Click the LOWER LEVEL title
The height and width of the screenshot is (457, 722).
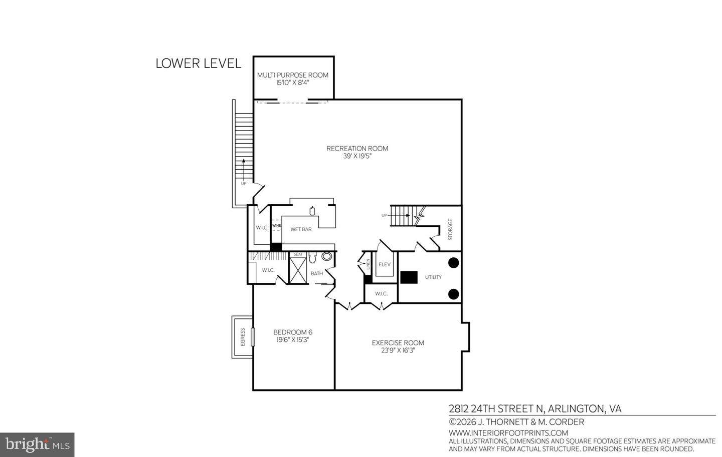coord(198,64)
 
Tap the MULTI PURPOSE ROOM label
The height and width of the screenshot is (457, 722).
coord(293,75)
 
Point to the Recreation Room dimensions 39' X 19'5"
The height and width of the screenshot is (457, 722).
coord(357,156)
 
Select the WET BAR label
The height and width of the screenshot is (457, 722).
coord(301,229)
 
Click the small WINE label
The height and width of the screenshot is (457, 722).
coord(276,226)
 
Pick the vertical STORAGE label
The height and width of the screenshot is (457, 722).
coord(450,229)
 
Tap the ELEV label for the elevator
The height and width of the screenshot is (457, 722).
coord(385,264)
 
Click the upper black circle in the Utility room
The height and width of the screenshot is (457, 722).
coord(453,263)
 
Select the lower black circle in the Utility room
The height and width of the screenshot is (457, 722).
coord(453,294)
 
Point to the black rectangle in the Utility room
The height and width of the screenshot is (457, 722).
coord(409,277)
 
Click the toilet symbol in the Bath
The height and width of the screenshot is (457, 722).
coord(312,258)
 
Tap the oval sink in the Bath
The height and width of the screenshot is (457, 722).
coord(327,257)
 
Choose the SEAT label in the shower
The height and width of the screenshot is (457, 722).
coord(298,254)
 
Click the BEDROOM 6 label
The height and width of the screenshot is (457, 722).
coord(293,332)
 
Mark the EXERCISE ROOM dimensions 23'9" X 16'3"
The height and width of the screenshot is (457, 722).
coord(398,350)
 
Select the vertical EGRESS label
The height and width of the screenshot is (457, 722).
coord(243,337)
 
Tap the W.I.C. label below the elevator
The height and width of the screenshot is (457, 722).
coord(381,294)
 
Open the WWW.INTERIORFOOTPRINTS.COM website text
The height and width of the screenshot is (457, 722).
coord(508,433)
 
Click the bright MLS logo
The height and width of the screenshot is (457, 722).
coord(37,444)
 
